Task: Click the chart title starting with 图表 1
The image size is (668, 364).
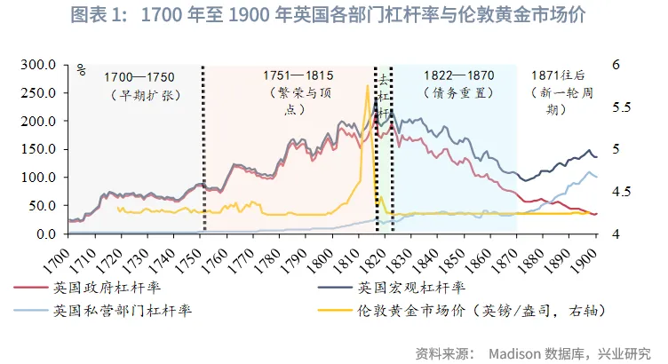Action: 333,17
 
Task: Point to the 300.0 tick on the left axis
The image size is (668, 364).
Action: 38,65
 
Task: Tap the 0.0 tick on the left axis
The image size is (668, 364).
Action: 44,233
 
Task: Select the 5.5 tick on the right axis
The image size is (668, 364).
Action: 623,107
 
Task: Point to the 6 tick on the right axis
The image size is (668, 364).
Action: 616,65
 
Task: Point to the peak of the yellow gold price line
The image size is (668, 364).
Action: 367,86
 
